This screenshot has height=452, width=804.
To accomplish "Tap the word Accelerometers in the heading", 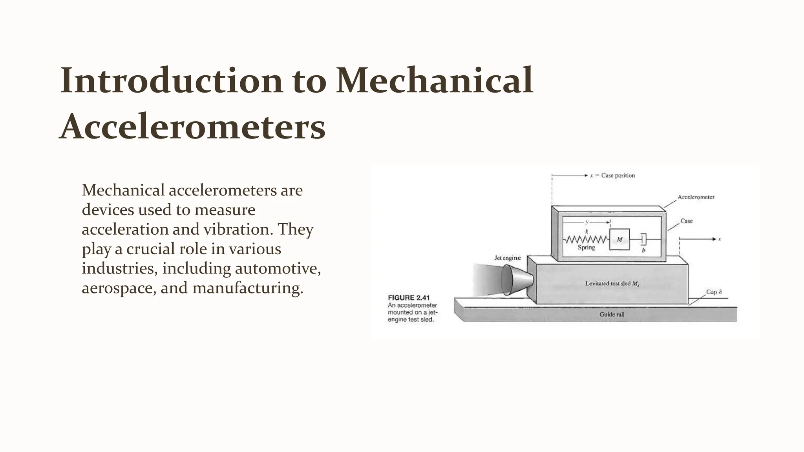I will click(x=192, y=127).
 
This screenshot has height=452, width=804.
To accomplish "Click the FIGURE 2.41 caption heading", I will click(x=409, y=298).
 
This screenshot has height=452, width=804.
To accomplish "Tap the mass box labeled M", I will click(x=619, y=239).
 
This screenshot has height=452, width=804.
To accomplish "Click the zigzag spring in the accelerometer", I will click(x=586, y=239).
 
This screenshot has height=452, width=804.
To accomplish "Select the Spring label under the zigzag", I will click(x=586, y=248).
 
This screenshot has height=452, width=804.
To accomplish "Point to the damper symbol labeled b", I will click(x=643, y=239).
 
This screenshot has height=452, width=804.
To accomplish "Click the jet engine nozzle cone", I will click(x=517, y=279).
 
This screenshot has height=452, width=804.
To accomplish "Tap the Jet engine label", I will click(x=507, y=258).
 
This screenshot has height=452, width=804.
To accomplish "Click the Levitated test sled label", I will click(x=612, y=283).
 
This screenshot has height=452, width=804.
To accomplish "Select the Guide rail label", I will click(x=611, y=314).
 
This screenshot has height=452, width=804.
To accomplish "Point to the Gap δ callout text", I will click(x=714, y=292).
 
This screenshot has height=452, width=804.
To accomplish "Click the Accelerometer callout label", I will click(x=696, y=197).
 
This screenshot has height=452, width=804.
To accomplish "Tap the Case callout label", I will click(x=686, y=221).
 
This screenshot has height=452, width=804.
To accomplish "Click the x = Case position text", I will click(x=612, y=175).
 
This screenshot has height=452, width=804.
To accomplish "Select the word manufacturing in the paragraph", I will click(x=247, y=288).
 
